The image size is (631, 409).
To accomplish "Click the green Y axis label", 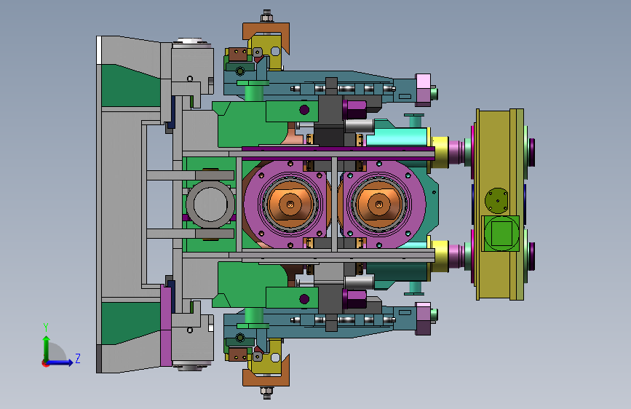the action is coord(46,327).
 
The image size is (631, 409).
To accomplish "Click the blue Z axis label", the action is coord(78,358).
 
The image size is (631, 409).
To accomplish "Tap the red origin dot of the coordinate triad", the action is coord(44,363).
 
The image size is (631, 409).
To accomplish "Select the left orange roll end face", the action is coord(290,204).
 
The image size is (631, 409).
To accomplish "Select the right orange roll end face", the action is coord(378,204).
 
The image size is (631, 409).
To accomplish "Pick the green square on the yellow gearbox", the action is coord(501,234).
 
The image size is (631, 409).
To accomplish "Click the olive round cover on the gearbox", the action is coord(496,200).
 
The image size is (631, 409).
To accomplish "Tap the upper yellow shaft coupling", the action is coord(440,152).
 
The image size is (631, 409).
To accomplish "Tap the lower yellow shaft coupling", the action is coord(440,256).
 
